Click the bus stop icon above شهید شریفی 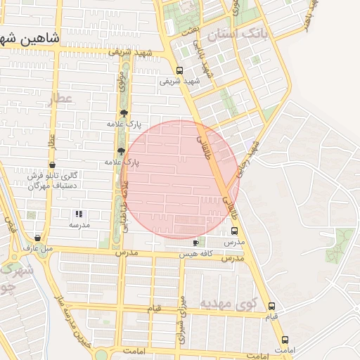[x=180, y=70]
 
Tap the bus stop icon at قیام [x=272, y=306]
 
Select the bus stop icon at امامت [x=285, y=340]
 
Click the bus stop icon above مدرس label [x=234, y=231]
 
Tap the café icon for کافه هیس [x=195, y=243]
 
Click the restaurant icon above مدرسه [x=79, y=214]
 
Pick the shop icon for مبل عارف [x=37, y=238]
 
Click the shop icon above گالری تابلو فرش [x=52, y=165]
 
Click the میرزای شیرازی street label [x=182, y=316]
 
